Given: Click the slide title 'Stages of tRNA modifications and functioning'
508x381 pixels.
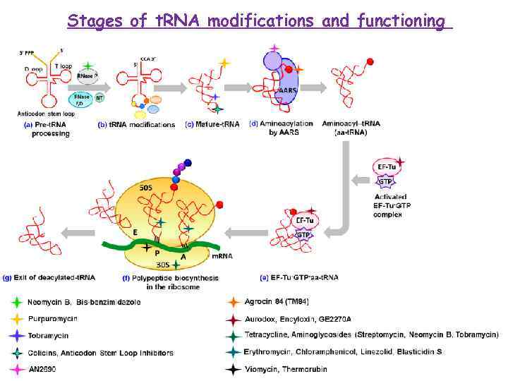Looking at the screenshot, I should click(259, 21).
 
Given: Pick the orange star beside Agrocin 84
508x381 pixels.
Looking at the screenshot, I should click(232, 302).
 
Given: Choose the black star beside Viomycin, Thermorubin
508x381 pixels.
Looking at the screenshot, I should click(232, 368).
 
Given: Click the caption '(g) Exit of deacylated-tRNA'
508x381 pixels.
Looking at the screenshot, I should click(49, 277).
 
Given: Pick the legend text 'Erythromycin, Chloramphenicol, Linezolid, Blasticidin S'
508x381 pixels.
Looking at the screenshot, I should click(343, 352).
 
